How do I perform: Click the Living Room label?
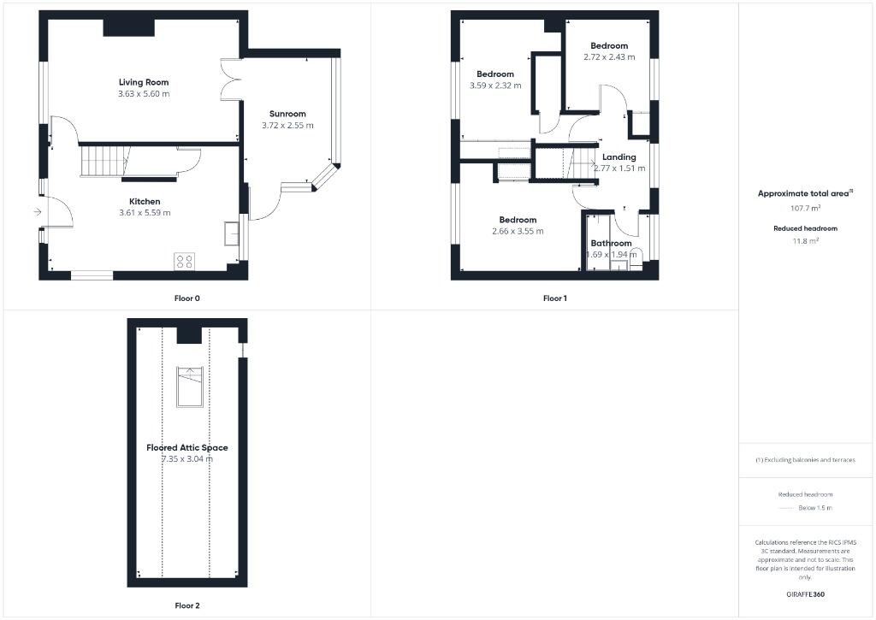144,82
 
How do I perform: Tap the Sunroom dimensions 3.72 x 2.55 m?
287,125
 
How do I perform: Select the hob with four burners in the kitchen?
184,262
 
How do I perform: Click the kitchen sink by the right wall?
232,233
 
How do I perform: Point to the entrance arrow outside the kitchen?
37,212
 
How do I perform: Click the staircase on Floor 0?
104,161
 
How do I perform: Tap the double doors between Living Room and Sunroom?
228,80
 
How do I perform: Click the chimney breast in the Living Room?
129,27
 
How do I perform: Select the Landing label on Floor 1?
619,156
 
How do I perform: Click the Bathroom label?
611,243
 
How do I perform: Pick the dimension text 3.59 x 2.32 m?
495,86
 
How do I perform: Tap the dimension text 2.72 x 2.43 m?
609,57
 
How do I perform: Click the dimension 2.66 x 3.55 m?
518,231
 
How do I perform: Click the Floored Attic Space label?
186,447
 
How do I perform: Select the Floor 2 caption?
187,605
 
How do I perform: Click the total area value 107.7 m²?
804,208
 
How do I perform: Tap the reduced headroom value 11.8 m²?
805,241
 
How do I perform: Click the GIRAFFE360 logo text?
805,593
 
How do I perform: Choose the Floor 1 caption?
554,298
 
